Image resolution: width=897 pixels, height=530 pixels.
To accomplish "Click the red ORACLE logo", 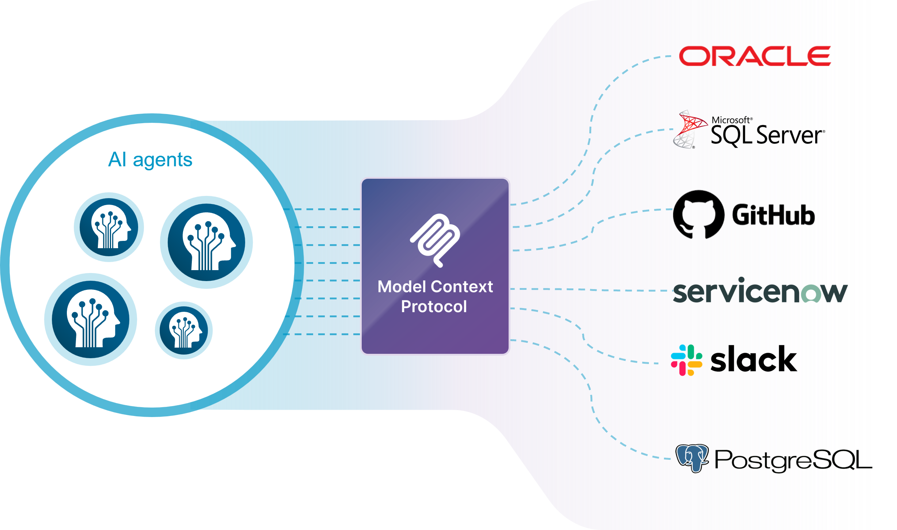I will (755, 56).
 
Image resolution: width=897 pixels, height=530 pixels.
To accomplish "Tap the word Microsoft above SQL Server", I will (731, 120).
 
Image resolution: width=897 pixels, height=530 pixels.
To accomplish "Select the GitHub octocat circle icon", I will (698, 215).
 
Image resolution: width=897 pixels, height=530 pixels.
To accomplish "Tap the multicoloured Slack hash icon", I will (687, 360).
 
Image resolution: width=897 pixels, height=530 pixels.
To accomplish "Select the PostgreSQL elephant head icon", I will (692, 458).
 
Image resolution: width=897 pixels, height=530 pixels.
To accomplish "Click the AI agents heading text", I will (150, 160).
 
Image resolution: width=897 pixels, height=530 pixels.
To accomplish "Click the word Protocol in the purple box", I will (434, 306).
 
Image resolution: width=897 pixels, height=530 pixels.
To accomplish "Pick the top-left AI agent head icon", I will (109, 227).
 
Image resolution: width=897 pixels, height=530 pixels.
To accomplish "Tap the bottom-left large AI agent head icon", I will (91, 319).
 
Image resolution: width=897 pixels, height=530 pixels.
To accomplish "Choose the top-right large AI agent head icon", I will (206, 242).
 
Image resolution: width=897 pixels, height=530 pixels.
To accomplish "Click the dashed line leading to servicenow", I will (592, 290).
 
